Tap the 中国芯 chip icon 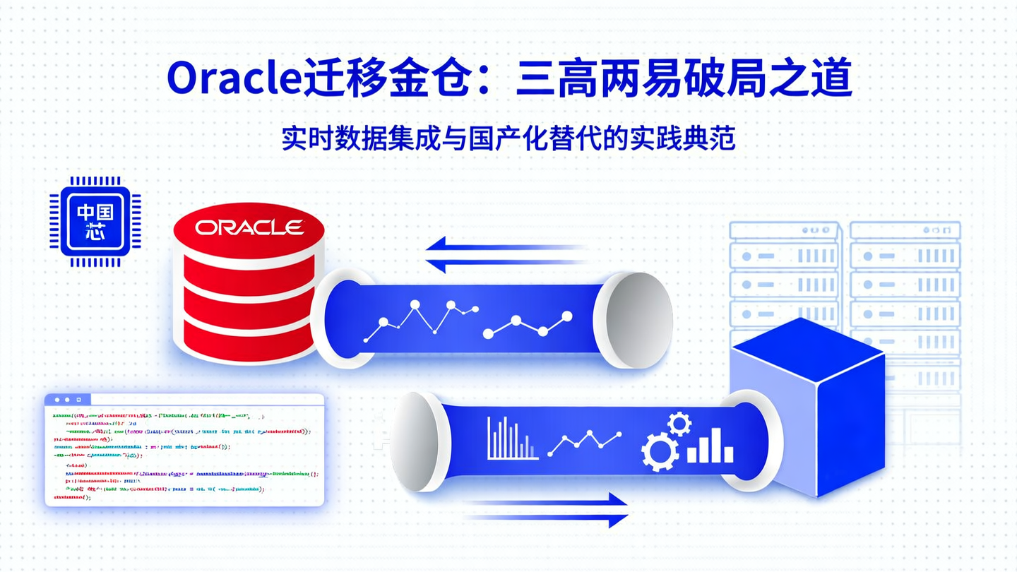tap(95, 221)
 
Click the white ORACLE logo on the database tap(249, 227)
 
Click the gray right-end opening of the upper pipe tap(631, 318)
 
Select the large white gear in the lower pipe tap(660, 451)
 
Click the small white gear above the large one tap(679, 424)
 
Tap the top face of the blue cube tap(807, 349)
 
